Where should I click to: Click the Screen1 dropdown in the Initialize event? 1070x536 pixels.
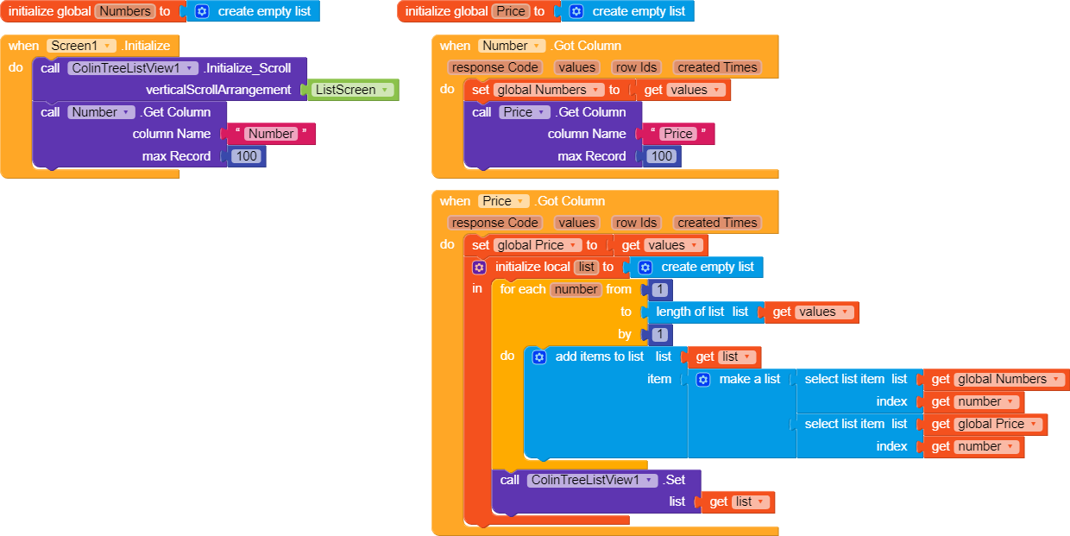pos(81,46)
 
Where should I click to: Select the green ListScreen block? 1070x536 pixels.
pos(353,90)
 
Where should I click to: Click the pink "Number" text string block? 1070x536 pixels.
pos(271,134)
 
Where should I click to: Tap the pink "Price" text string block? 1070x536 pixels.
pos(678,134)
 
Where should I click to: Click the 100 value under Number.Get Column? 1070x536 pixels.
pos(247,156)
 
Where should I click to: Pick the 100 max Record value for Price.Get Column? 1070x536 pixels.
pos(662,156)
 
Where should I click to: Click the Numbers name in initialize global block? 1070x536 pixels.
pos(125,11)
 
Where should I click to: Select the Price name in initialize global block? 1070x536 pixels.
pos(511,11)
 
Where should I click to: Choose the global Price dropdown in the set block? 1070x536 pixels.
pos(537,245)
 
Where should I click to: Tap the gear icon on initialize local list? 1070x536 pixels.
pos(479,267)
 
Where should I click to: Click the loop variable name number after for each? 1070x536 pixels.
pos(576,289)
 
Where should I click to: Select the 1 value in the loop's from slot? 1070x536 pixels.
pos(659,289)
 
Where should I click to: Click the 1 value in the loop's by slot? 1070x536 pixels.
pos(659,334)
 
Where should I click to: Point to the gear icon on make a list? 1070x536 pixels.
pos(702,379)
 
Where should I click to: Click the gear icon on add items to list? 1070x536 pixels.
pos(538,356)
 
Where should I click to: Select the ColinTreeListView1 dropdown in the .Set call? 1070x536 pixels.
pos(592,480)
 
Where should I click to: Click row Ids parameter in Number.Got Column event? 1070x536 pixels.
pos(636,67)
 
